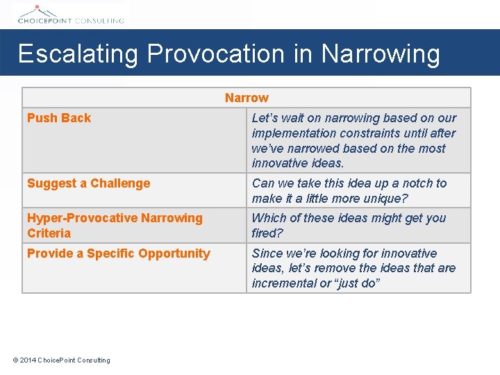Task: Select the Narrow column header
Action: coord(247,98)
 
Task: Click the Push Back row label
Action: coord(59,118)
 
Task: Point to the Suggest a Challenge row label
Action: coord(88,183)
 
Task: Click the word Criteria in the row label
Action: coord(49,233)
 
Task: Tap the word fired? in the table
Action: coord(267,233)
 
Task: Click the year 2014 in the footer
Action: coord(28,360)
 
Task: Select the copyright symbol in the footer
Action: coord(16,360)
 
